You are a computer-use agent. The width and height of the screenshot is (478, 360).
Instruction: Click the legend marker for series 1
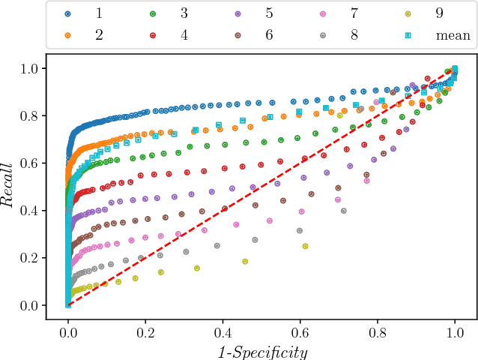[68, 14]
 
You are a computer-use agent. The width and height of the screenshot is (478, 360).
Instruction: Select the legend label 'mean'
[454, 34]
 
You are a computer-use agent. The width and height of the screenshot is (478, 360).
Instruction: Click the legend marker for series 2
[68, 34]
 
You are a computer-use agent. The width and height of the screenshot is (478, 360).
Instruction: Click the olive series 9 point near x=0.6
[305, 246]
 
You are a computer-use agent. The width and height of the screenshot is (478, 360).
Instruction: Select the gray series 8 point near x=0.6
[300, 230]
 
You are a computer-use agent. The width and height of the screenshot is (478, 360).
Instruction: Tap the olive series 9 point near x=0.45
[245, 261]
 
